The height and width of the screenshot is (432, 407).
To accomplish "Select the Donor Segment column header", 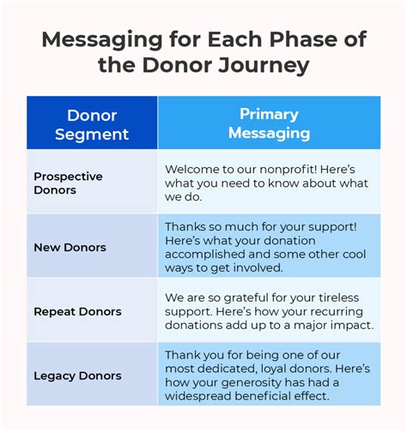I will [91, 124].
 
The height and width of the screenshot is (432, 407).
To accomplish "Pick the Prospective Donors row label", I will [68, 183].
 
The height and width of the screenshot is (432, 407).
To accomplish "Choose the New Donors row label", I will [70, 247].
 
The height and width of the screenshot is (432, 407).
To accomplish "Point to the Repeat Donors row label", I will [77, 311].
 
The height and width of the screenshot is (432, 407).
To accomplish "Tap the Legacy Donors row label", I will [77, 375].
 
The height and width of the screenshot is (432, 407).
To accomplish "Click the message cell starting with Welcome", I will [269, 183].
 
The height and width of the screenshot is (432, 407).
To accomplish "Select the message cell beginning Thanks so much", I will [269, 247].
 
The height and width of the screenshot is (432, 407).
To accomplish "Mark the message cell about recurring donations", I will [269, 311].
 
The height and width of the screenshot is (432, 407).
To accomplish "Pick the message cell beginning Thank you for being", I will [269, 375].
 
